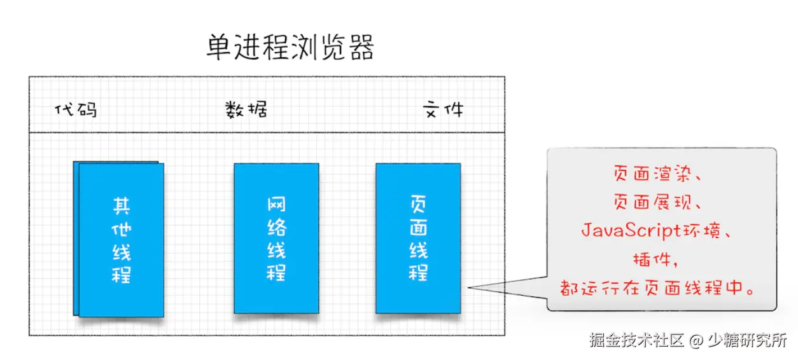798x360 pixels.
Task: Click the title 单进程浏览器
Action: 290,47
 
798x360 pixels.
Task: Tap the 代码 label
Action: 76,110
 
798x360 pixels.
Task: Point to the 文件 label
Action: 444,110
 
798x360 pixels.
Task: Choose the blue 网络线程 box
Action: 276,239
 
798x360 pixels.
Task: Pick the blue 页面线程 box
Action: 418,239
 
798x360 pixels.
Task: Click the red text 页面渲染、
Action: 659,174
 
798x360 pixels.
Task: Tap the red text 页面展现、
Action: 659,202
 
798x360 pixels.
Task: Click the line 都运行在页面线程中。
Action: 659,287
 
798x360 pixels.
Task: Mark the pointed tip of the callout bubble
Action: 470,288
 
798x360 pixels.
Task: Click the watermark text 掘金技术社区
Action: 636,340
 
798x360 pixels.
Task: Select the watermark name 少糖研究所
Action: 747,340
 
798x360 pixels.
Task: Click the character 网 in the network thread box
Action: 276,205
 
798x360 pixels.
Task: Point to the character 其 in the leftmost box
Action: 121,205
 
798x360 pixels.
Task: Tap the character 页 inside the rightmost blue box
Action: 418,205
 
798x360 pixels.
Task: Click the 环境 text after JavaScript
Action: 702,231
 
